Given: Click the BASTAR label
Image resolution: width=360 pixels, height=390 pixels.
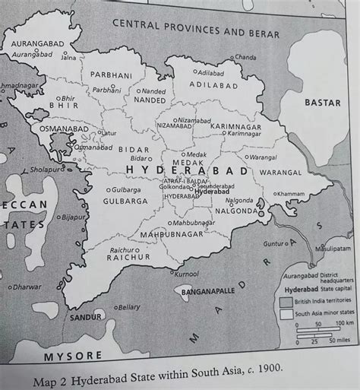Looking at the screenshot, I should click(322, 102).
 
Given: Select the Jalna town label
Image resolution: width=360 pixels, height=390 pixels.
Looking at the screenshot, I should click(68, 57).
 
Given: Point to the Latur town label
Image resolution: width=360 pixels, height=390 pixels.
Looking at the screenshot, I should click(109, 133).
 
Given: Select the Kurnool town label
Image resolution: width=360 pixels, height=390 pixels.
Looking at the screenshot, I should click(186, 274).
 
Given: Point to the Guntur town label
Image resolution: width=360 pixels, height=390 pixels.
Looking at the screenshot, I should click(273, 244).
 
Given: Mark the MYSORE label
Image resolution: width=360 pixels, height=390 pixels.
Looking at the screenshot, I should click(73, 356).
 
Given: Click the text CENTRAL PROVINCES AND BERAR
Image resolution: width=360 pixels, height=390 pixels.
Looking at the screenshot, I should click(196, 29).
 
